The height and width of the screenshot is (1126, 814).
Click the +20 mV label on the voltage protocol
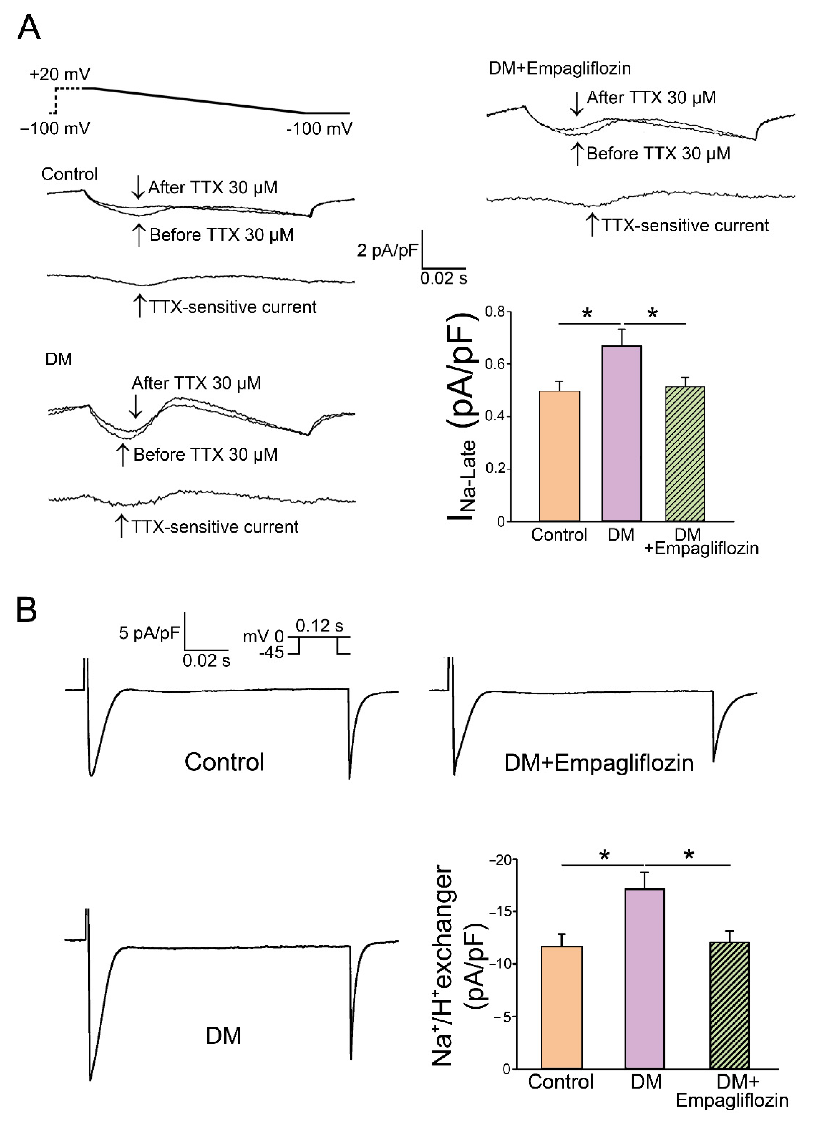click(x=60, y=75)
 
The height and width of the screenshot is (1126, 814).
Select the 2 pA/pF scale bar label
click(x=387, y=250)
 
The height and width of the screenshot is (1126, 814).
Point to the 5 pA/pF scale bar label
click(x=149, y=633)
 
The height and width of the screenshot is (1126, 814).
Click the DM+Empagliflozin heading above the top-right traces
click(x=559, y=68)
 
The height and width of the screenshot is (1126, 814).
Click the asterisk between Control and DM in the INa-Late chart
click(x=587, y=314)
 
